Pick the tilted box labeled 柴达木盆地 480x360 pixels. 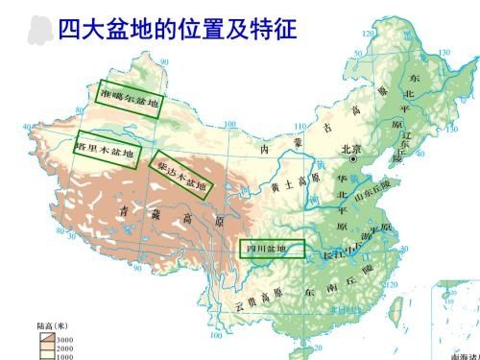coord(180,174)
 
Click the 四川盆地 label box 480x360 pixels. coord(272,250)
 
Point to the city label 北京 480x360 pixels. coord(352,149)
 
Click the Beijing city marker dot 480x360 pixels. coord(354,159)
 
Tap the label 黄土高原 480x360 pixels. coord(287,183)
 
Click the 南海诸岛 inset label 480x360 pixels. coord(458,354)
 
